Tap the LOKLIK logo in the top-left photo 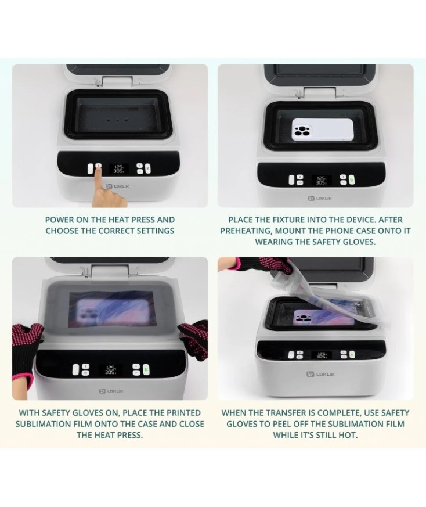(114, 187)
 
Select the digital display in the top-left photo (119, 168)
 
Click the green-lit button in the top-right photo (351, 180)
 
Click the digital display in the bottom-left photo (109, 369)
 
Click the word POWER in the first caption (60, 220)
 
